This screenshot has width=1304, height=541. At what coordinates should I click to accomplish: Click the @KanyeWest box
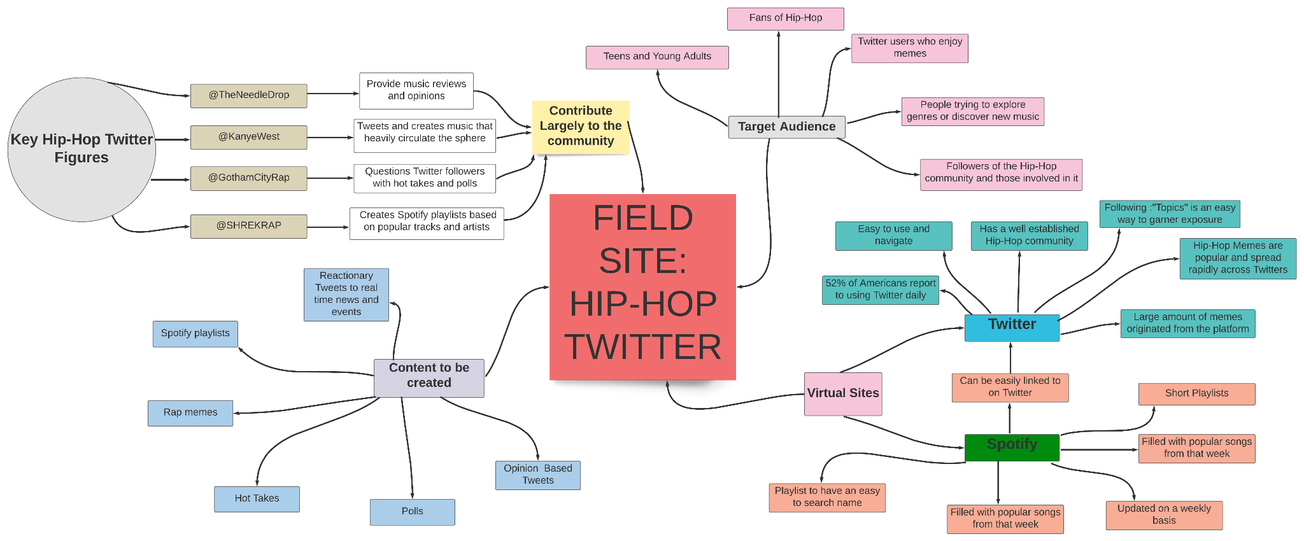pyautogui.click(x=248, y=137)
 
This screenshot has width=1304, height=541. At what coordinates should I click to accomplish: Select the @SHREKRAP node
pyautogui.click(x=248, y=226)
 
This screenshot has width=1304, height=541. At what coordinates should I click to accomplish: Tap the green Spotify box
pyautogui.click(x=1012, y=447)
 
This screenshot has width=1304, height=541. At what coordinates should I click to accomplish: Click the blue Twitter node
pyautogui.click(x=1012, y=327)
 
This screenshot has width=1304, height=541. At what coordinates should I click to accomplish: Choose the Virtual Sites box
pyautogui.click(x=843, y=394)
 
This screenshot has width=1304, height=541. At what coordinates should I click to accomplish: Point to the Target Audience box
pyautogui.click(x=786, y=127)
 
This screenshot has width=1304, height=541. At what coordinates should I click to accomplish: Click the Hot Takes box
pyautogui.click(x=257, y=499)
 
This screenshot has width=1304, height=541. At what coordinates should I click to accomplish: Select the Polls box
pyautogui.click(x=412, y=512)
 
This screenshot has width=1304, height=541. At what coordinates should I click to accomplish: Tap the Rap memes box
pyautogui.click(x=190, y=413)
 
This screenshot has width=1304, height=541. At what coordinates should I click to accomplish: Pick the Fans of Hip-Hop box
pyautogui.click(x=785, y=18)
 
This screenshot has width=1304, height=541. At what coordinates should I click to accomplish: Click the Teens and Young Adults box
pyautogui.click(x=657, y=57)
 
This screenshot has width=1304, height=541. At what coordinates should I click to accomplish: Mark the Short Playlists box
pyautogui.click(x=1196, y=393)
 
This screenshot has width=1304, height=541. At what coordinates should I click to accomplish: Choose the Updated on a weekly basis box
pyautogui.click(x=1164, y=515)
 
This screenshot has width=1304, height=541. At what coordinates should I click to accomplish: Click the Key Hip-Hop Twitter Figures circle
pyautogui.click(x=81, y=150)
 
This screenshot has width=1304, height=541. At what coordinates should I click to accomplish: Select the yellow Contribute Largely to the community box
pyautogui.click(x=580, y=127)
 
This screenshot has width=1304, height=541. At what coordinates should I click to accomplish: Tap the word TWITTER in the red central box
pyautogui.click(x=642, y=348)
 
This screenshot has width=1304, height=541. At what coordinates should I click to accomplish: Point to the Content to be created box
pyautogui.click(x=429, y=378)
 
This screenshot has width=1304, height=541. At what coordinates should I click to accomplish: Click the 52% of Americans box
pyautogui.click(x=880, y=290)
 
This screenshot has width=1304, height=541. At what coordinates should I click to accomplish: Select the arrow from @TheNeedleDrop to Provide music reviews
pyautogui.click(x=333, y=94)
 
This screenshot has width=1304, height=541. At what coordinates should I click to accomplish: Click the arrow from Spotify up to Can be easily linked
pyautogui.click(x=1009, y=418)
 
